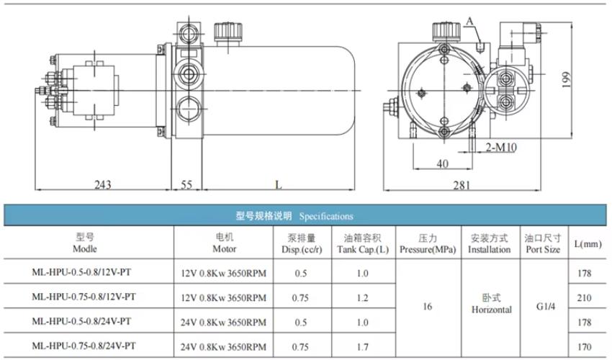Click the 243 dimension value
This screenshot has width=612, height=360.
[103, 184]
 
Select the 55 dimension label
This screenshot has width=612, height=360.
[187, 184]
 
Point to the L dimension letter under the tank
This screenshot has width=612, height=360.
[279, 184]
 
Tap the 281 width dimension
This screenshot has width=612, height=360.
[462, 185]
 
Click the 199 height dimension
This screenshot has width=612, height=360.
[567, 80]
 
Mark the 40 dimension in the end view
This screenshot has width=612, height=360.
[442, 163]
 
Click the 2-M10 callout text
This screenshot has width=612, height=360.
[501, 147]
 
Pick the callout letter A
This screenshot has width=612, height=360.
[469, 21]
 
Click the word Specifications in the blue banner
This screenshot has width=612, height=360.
[326, 216]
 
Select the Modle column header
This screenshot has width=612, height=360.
[85, 248]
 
